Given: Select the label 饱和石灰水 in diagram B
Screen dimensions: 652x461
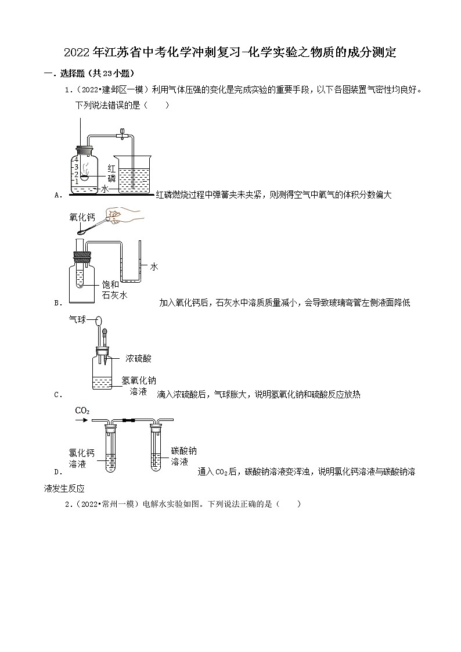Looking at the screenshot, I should [110, 289].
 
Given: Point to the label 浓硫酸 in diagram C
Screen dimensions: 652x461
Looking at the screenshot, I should [138, 359].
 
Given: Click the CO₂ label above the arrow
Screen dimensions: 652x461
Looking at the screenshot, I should [82, 411].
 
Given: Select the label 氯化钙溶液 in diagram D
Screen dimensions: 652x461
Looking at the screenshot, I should [81, 459].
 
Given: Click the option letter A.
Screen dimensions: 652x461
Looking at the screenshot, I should [57, 196].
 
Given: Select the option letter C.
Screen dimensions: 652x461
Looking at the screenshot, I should [57, 395].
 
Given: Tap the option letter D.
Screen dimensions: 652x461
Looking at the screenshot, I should [57, 472].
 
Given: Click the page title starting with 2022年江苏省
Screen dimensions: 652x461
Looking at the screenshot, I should [230, 53].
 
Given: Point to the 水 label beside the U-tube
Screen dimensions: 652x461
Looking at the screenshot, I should [154, 266].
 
